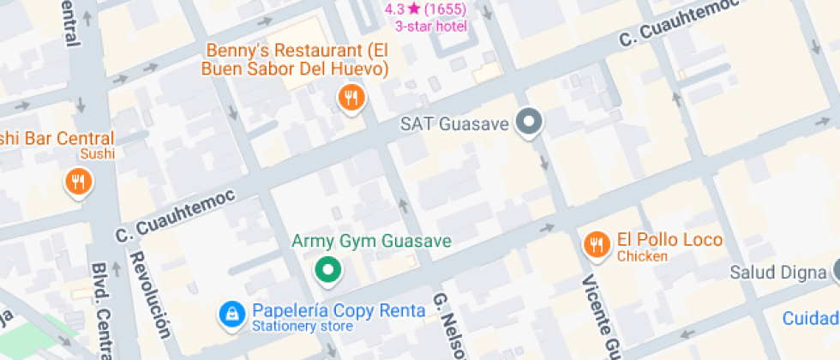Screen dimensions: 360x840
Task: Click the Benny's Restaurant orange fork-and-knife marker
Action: (351, 98)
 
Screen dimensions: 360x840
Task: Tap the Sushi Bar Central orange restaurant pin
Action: (79, 181)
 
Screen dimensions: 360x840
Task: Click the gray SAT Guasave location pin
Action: (530, 123)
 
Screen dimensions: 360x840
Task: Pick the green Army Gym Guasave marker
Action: (326, 270)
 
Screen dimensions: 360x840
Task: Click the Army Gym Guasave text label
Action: (371, 241)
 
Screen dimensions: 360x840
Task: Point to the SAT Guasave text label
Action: (455, 124)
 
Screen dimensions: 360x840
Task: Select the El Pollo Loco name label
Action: (669, 240)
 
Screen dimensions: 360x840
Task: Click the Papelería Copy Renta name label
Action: (338, 310)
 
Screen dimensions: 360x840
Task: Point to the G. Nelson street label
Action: (451, 326)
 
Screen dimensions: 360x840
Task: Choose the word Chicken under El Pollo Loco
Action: (642, 256)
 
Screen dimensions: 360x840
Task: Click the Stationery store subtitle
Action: (302, 327)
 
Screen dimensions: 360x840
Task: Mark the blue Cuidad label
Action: (810, 319)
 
